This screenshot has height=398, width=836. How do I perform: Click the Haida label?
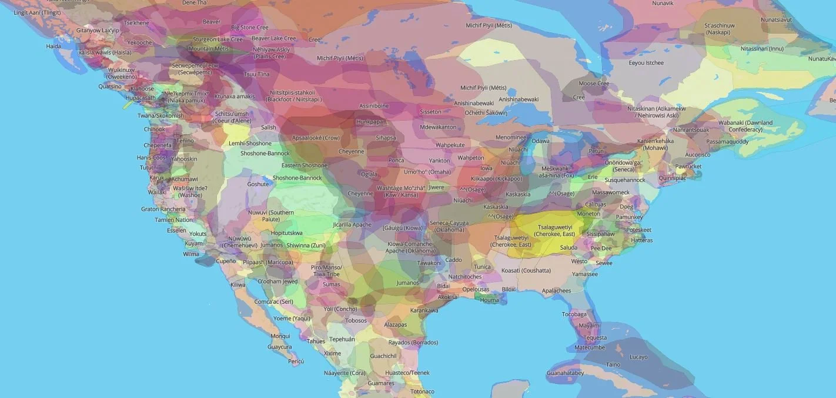pyautogui.click(x=53, y=46)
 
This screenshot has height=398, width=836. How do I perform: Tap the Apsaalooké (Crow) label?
pyautogui.click(x=316, y=137)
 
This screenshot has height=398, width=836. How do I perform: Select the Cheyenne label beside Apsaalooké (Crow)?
pyautogui.click(x=351, y=151)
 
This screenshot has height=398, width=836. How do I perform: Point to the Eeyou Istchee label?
pyautogui.click(x=646, y=63)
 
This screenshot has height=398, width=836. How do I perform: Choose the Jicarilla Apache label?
pyautogui.click(x=352, y=225)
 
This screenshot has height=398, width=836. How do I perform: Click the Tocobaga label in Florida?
pyautogui.click(x=574, y=314)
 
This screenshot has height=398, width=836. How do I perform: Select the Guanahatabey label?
pyautogui.click(x=565, y=373)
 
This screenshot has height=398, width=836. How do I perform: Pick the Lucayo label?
pyautogui.click(x=638, y=357)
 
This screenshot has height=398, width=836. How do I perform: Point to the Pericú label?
pyautogui.click(x=296, y=361)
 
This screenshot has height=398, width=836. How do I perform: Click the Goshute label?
pyautogui.click(x=258, y=184)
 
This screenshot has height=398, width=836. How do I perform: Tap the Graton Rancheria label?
pyautogui.click(x=163, y=209)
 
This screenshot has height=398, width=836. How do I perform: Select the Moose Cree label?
pyautogui.click(x=594, y=84)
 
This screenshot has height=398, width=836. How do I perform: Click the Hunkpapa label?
pyautogui.click(x=369, y=122)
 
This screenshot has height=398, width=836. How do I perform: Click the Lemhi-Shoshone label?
pyautogui.click(x=250, y=143)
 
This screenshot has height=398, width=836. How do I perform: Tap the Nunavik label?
pyautogui.click(x=663, y=4)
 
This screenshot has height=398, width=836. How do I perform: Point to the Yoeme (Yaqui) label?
pyautogui.click(x=292, y=319)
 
